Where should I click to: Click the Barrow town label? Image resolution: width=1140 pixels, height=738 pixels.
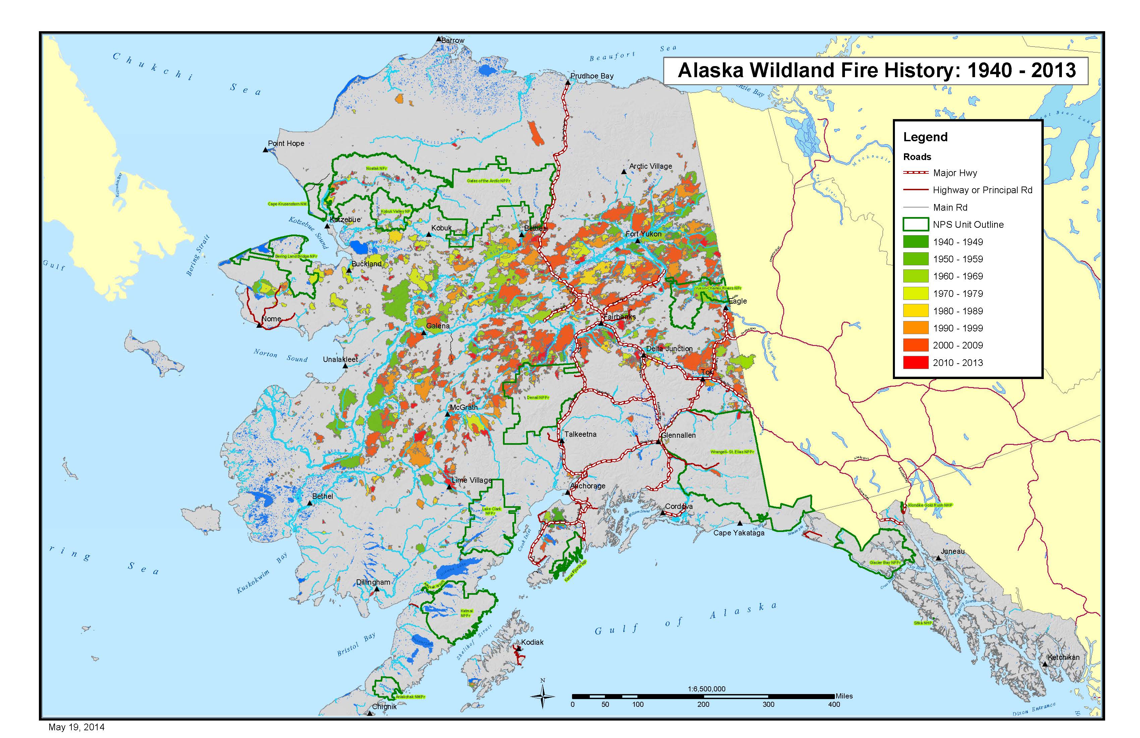pyautogui.click(x=453, y=41)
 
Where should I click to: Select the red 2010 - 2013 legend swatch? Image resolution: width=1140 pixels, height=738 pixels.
pyautogui.click(x=915, y=362)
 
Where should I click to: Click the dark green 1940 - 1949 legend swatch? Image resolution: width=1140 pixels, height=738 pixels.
pyautogui.click(x=915, y=242)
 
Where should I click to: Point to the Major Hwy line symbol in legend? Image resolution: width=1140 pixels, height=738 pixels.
pyautogui.click(x=915, y=172)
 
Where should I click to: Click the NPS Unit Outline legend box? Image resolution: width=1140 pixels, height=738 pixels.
pyautogui.click(x=915, y=224)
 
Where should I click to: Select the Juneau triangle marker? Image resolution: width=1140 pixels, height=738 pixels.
pyautogui.click(x=939, y=558)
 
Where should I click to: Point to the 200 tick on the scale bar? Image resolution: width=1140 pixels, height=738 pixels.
pyautogui.click(x=703, y=704)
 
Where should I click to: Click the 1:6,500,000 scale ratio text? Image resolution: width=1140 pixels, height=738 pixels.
pyautogui.click(x=706, y=689)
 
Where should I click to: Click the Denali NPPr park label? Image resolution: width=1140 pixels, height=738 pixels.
pyautogui.click(x=538, y=397)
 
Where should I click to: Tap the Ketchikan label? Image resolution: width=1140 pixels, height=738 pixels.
pyautogui.click(x=1063, y=657)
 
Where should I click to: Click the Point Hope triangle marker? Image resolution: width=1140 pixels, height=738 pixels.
pyautogui.click(x=265, y=150)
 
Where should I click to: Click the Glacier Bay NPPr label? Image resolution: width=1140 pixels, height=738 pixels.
pyautogui.click(x=885, y=562)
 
